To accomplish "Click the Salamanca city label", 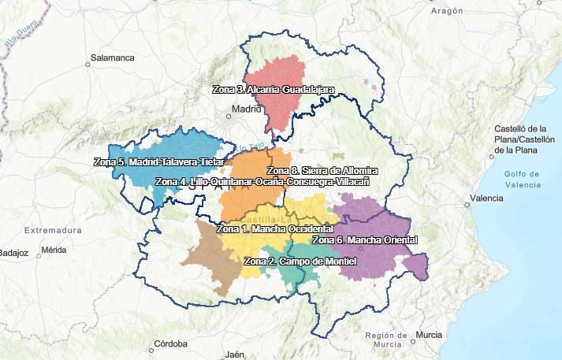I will [x=112, y=58].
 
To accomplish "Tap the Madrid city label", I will [x=246, y=109].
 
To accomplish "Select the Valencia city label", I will [x=486, y=199].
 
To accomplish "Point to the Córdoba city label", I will [x=170, y=343].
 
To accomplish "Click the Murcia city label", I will [x=429, y=335].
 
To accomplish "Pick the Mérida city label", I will [x=53, y=250].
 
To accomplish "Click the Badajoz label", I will [x=13, y=253].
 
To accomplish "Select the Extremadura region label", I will [x=53, y=230].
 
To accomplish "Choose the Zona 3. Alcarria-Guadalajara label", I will [x=274, y=90].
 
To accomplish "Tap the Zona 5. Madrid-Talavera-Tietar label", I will [x=158, y=162].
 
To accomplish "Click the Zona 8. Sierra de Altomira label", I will [x=322, y=171].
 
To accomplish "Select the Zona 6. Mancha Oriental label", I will [x=365, y=240].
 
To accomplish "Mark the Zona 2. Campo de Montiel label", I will [x=300, y=261].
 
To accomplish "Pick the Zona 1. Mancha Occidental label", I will [x=274, y=229].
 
